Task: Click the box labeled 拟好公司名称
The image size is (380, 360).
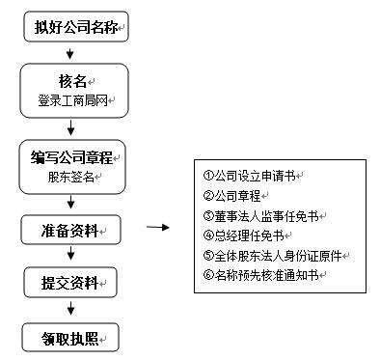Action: [74, 25]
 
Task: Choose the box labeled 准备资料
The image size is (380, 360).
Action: [70, 230]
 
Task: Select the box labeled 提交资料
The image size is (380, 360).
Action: [70, 283]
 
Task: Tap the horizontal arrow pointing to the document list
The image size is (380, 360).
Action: [157, 229]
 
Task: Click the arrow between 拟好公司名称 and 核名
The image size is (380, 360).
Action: [70, 50]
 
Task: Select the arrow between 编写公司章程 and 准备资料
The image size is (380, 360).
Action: [70, 204]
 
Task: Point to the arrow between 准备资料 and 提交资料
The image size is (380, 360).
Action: [70, 256]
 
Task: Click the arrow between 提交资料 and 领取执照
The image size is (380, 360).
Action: [70, 309]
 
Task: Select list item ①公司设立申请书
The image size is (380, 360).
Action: [253, 176]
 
